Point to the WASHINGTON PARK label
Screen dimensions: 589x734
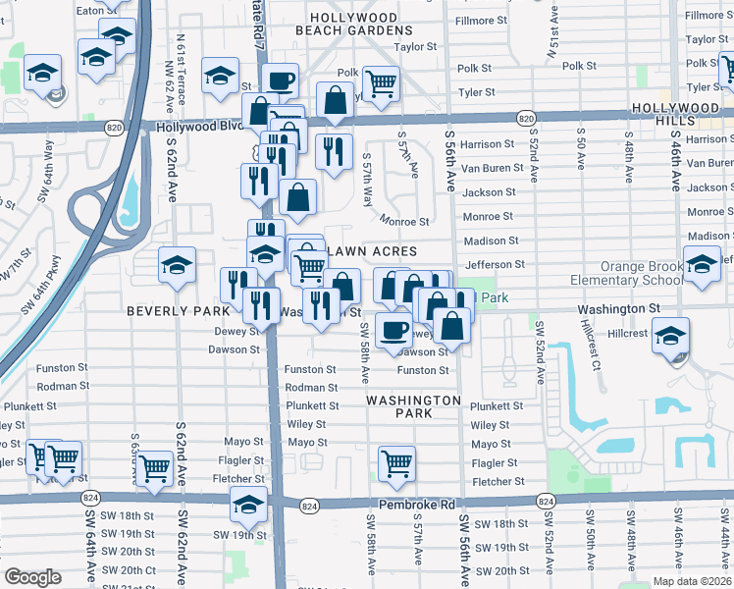[x=413, y=406]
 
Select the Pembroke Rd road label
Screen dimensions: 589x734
[x=423, y=505]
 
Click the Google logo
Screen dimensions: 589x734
[x=31, y=577]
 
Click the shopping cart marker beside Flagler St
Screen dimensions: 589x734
[x=396, y=462]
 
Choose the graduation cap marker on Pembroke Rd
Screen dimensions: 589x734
[x=248, y=506]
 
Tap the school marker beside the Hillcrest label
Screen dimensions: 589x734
[x=670, y=336]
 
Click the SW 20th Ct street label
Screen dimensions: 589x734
[x=129, y=570]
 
